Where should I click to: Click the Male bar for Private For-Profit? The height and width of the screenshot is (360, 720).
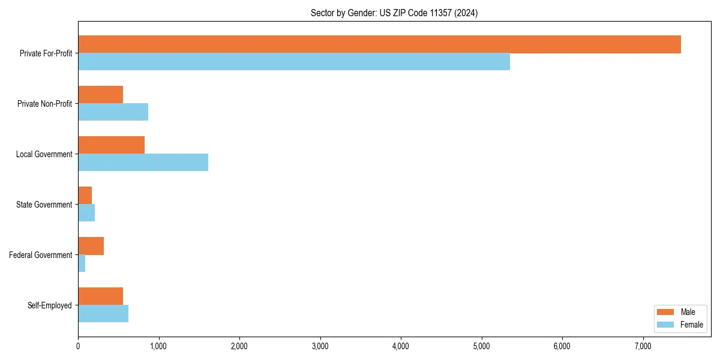coord(379,44)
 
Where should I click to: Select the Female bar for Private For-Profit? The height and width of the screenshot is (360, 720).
coord(294,62)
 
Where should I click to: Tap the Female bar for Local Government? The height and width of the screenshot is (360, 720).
coord(143,163)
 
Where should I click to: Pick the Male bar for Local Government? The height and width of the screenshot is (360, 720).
coord(111,145)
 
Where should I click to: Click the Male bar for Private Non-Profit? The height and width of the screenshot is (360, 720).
coord(100,95)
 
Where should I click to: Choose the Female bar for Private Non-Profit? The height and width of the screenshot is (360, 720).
coord(113,112)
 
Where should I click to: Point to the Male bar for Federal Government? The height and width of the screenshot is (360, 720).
coord(91,246)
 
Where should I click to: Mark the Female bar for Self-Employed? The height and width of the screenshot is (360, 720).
coord(103,314)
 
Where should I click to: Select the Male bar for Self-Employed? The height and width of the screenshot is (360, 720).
coord(100,296)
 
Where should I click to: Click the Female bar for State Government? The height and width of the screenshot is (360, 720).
coord(86,213)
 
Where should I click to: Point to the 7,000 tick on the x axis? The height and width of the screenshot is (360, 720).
coord(643,346)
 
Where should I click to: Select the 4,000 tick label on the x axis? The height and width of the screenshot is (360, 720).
coord(401,346)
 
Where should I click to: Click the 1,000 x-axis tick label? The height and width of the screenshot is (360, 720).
coord(158,346)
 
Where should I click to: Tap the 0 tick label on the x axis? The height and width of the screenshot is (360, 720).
coord(78,346)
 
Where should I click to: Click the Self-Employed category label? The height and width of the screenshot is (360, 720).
coord(49,305)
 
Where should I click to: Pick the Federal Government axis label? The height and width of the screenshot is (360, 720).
coord(41,255)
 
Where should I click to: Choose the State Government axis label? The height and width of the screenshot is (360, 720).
coord(44,205)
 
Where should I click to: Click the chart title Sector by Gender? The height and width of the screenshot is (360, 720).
coord(394,13)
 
